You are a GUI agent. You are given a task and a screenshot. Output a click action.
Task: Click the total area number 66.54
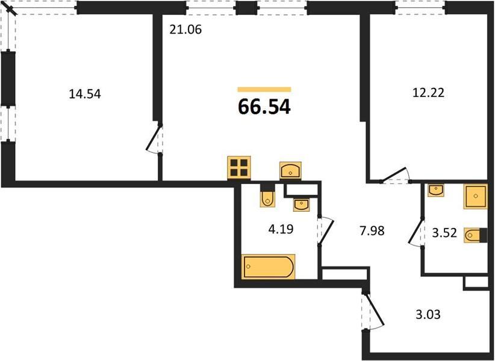(x=264, y=106)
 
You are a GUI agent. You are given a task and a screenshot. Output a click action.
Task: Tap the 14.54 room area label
(x=85, y=94)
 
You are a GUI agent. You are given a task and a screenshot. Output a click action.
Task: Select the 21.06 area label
(x=185, y=29)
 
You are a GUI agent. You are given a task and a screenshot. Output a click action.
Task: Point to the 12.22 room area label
(x=429, y=93)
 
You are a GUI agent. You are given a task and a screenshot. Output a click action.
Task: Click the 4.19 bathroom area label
(x=281, y=229)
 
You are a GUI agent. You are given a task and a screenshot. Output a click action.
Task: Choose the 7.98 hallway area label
(x=372, y=231)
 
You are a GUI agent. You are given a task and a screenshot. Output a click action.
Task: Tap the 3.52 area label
(x=444, y=233)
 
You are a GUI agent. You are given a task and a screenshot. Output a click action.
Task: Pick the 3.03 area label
(x=428, y=314)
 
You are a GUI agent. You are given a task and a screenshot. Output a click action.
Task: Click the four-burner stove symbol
(x=239, y=168)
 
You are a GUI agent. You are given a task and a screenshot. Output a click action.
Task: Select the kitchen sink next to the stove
(x=290, y=170)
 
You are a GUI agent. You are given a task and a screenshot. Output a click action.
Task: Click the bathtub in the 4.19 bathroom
(x=269, y=267)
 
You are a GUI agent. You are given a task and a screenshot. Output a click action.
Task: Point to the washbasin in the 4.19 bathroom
(x=302, y=205)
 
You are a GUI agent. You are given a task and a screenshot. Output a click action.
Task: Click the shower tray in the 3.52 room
(x=475, y=197)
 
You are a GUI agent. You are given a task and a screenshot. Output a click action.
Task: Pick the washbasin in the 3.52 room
(x=436, y=191)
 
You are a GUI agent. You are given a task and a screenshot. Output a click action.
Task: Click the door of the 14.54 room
(x=155, y=140)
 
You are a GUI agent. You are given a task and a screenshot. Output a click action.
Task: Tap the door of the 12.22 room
(x=395, y=175)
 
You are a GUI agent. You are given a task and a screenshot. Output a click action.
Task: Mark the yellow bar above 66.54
(x=264, y=90)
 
